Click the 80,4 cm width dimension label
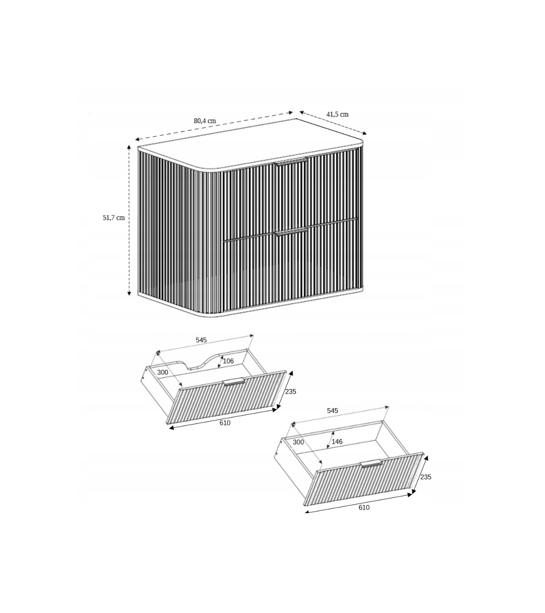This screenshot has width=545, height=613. (205, 121)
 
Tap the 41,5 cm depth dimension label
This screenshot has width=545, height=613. (337, 114)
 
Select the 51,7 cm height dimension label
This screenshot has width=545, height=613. (114, 218)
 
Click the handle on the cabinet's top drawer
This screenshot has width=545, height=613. (292, 162)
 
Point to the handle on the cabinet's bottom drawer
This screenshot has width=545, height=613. (292, 232)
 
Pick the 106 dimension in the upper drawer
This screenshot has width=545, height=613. (228, 361)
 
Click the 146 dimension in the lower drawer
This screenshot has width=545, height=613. (337, 442)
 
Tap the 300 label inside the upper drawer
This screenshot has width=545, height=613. (162, 373)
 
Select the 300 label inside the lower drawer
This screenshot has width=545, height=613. (298, 442)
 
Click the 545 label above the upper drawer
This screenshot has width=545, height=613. (201, 340)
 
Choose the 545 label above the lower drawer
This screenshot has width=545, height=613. (332, 410)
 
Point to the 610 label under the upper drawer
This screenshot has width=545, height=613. (225, 423)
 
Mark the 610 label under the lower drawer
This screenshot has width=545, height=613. (364, 507)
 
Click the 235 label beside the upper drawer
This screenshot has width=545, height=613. (291, 391)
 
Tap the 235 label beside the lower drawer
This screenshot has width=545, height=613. (426, 477)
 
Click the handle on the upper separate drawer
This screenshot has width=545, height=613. (234, 382)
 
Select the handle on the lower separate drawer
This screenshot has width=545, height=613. (371, 464)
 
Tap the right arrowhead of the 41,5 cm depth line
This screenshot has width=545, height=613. (365, 133)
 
